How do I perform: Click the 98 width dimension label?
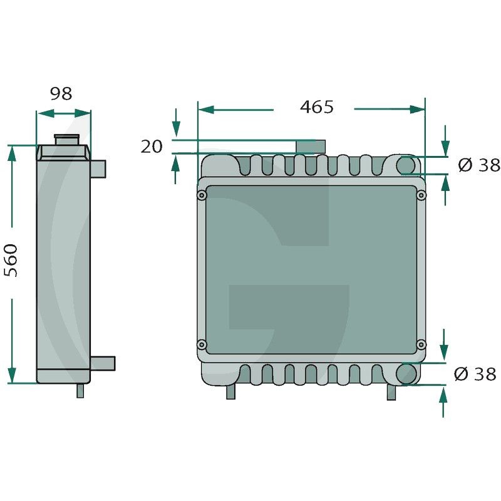(61, 93)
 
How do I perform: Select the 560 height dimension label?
(11, 261)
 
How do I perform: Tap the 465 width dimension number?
(317, 107)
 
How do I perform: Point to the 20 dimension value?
(152, 147)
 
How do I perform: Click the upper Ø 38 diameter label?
(479, 165)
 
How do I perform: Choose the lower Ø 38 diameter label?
(475, 374)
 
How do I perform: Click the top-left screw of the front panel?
(201, 195)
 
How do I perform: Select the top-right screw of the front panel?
(421, 195)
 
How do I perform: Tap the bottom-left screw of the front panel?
(201, 344)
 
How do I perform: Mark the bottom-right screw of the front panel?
(421, 344)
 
